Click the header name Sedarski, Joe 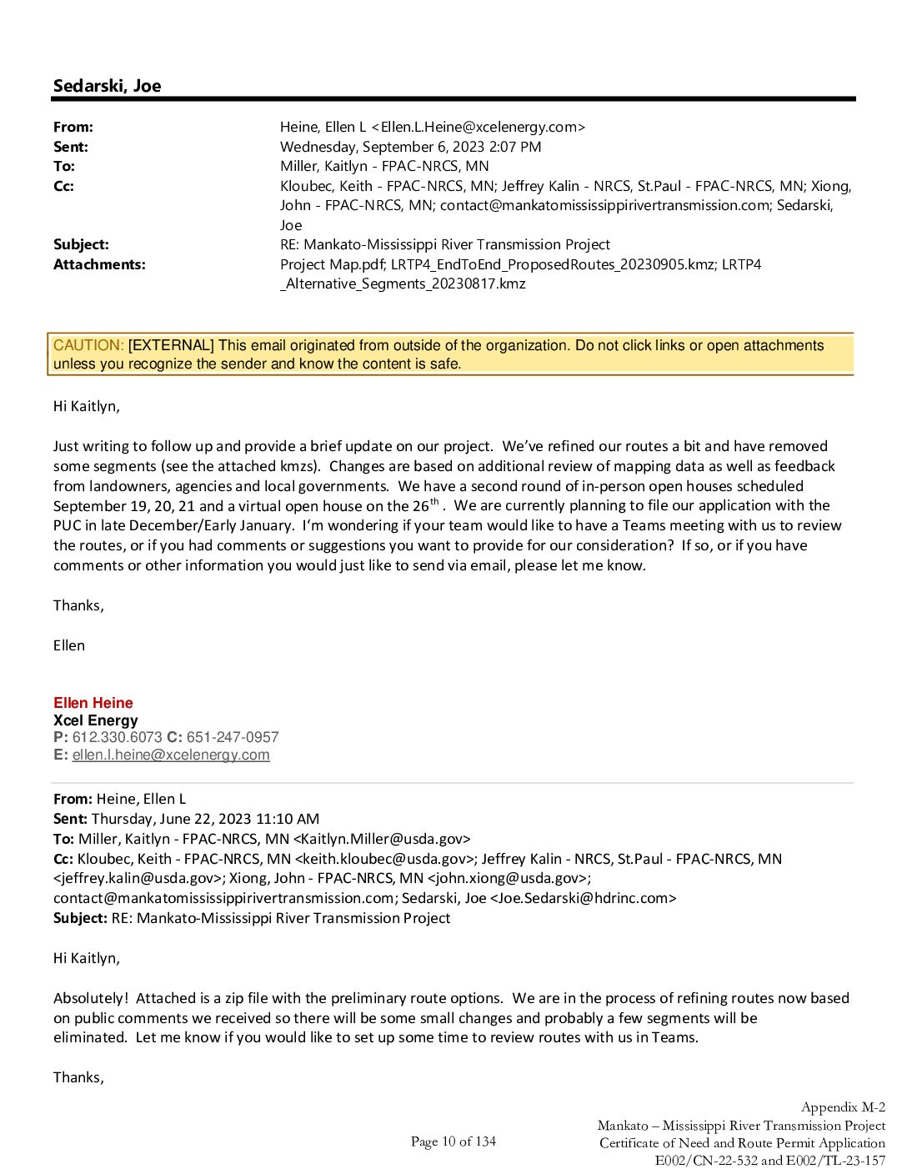[107, 86]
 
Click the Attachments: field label [99, 264]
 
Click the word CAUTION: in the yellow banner [88, 345]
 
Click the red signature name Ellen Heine [93, 703]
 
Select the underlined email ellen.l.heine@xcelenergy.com [171, 755]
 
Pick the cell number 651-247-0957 [233, 737]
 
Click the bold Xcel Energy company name [96, 720]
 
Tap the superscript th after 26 [434, 502]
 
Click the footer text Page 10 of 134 [453, 1141]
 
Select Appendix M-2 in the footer [843, 1107]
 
